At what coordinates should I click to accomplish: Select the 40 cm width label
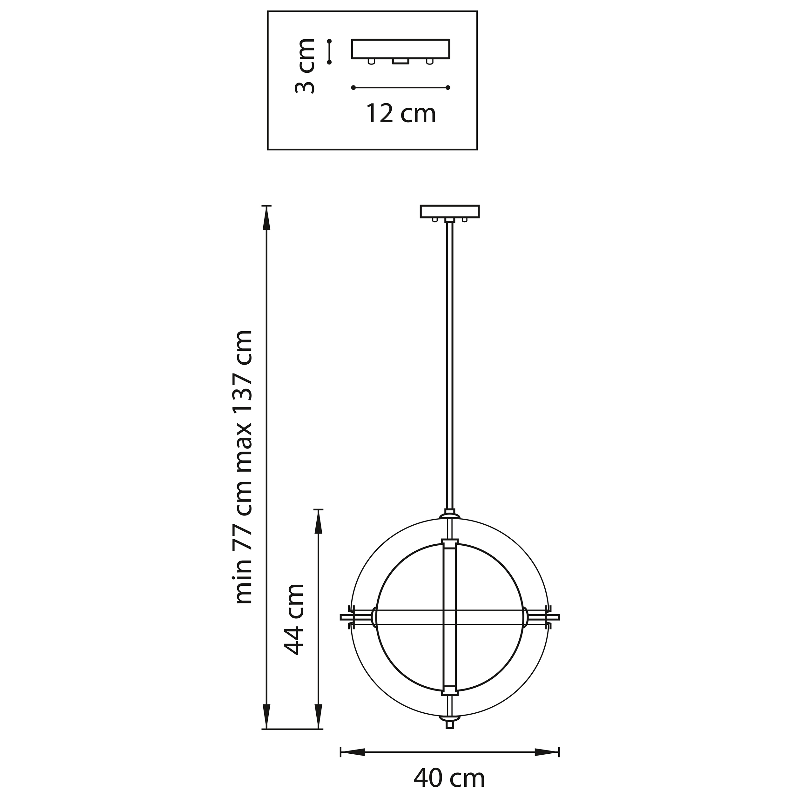449,777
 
